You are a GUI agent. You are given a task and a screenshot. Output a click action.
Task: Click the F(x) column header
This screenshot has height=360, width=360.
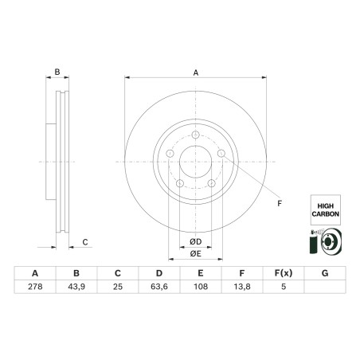283,273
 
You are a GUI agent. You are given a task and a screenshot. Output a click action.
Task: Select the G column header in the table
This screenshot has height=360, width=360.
324,273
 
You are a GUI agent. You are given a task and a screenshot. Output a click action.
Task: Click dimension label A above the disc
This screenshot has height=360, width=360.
196,72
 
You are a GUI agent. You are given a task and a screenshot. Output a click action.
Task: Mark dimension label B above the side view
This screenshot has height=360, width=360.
57,72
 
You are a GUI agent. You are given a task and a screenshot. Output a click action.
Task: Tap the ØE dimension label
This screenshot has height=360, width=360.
195,253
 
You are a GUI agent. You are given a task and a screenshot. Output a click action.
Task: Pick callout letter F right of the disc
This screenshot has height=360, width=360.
279,204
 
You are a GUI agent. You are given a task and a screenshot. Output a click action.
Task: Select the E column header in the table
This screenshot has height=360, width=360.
200,273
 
